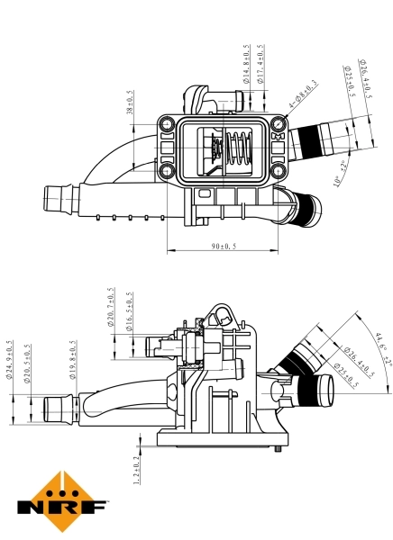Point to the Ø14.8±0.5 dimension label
point(246,64)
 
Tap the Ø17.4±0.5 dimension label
point(260,64)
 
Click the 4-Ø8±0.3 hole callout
point(303,95)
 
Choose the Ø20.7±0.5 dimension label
point(111,309)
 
